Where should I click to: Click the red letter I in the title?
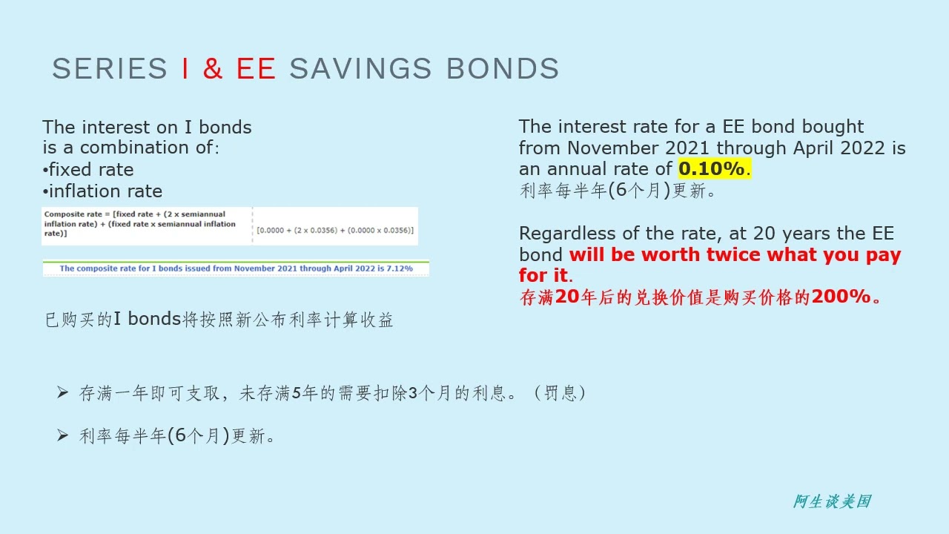185,69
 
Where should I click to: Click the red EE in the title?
256,69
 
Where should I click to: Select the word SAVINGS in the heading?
360,69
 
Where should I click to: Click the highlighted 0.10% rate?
712,169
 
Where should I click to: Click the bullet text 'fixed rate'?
91,170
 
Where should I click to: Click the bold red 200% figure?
841,297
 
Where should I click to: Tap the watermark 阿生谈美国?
832,502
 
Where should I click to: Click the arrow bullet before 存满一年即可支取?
63,392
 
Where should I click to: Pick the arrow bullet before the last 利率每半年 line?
63,435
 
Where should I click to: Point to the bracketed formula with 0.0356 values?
335,231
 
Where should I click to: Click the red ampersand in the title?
213,69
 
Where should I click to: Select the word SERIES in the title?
110,69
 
